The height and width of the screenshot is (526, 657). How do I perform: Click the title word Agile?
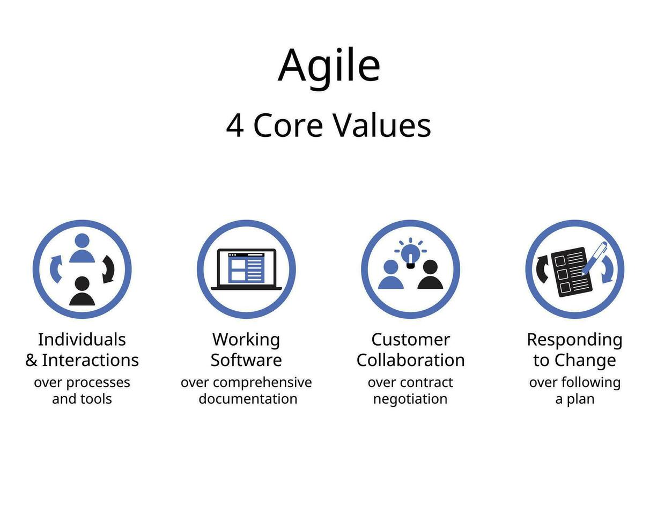click(329, 65)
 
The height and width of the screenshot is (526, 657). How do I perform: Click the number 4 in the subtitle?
click(234, 126)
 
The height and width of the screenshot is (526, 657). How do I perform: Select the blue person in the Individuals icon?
click(82, 249)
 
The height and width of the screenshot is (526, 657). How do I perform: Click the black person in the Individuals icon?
click(82, 291)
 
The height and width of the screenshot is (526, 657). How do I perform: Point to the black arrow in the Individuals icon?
click(108, 268)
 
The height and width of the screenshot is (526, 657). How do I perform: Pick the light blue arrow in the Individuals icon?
click(56, 268)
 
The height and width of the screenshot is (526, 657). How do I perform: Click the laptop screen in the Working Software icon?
click(246, 267)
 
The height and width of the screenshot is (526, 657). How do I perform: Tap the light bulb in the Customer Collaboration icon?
click(410, 254)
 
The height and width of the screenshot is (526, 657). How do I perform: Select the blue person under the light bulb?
click(390, 275)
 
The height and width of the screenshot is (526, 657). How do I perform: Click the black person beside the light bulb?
click(430, 275)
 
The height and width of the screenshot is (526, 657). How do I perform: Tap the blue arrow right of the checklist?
click(607, 269)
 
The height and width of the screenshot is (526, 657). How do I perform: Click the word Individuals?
click(82, 339)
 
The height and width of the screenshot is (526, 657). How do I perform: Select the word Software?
click(246, 360)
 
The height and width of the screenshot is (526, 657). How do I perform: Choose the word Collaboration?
click(410, 360)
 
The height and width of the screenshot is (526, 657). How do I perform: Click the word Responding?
click(574, 340)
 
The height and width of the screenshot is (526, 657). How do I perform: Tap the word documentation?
click(248, 399)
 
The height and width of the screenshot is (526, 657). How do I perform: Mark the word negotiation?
click(410, 399)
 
